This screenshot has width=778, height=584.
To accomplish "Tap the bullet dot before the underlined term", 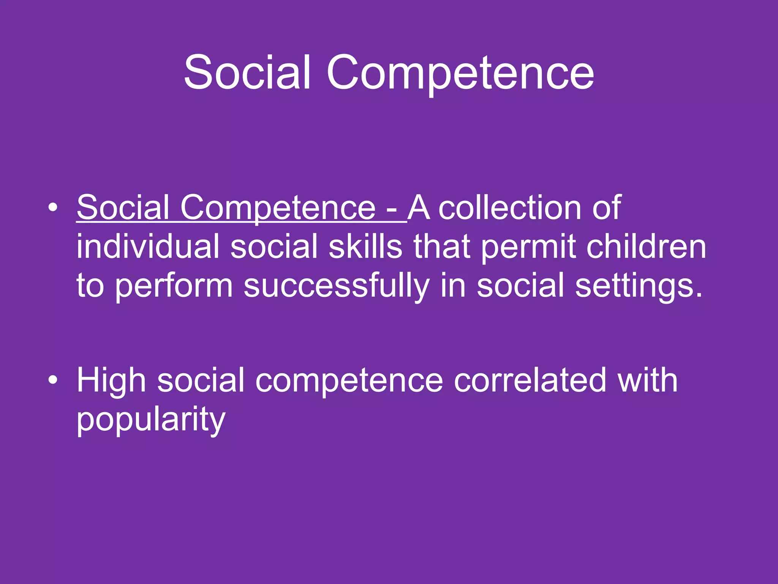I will pos(53,208).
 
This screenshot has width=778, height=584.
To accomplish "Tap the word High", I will pos(111,380).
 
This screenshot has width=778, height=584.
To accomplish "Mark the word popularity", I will pos(151,420).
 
